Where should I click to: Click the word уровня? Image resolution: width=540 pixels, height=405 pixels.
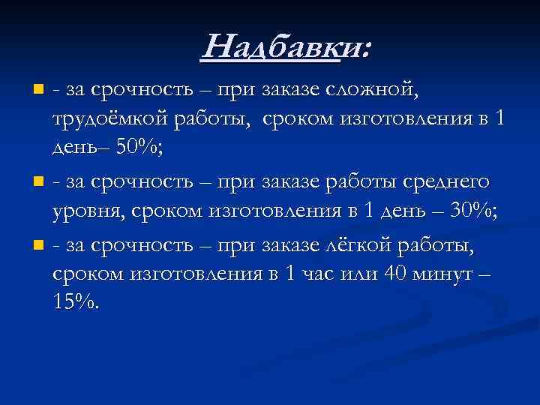pos(87,211)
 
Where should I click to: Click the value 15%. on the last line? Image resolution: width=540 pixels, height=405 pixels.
pos(75,302)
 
